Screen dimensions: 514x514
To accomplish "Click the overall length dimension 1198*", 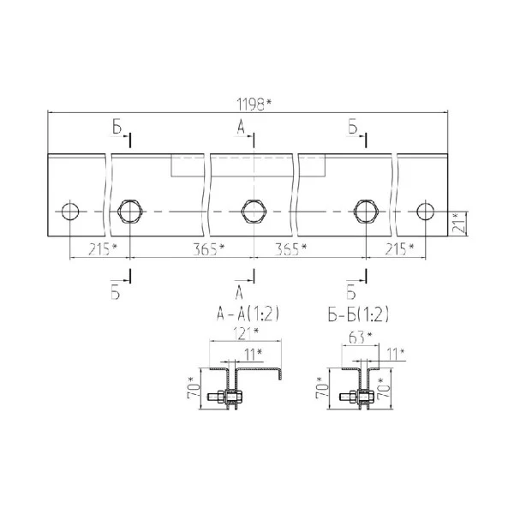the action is [254, 105].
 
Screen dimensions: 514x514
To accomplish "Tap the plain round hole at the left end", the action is [70, 212].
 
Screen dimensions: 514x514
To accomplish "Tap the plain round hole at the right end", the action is [426, 212].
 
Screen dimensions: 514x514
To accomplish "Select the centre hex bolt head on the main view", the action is [254, 212].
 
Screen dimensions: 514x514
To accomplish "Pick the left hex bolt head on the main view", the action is [130, 212].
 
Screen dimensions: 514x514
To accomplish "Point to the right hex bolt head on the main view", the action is [366, 212].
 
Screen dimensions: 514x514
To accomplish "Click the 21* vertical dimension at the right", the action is [458, 223].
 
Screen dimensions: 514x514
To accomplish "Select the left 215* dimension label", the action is [103, 249].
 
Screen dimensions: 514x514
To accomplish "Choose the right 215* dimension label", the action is [399, 249].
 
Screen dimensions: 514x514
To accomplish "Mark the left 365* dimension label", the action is [208, 249].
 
